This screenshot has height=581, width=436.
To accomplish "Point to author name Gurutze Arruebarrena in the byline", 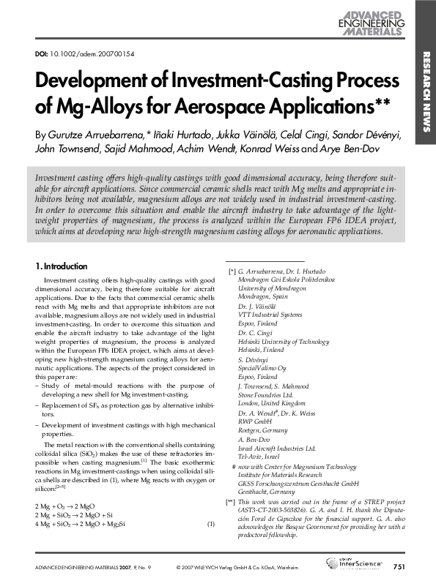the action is point(95,136).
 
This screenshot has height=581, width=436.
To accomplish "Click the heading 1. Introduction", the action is point(62,266).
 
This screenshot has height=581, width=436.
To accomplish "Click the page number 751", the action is point(399,567).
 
